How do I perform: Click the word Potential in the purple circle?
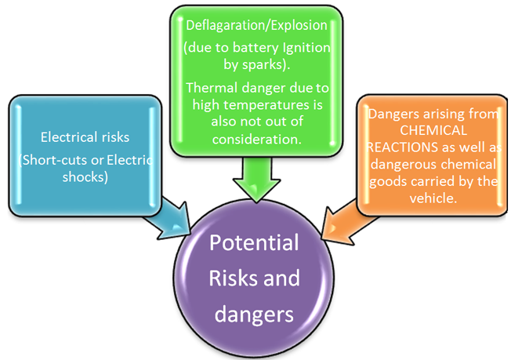(x=254, y=243)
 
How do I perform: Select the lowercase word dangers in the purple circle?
(x=254, y=315)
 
